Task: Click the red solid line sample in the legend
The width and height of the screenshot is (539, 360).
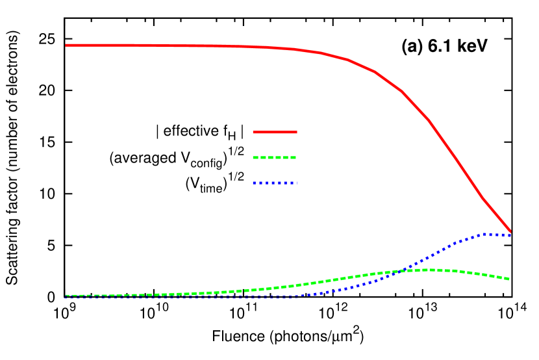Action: [275, 132]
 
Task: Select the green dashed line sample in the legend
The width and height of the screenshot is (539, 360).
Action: [275, 157]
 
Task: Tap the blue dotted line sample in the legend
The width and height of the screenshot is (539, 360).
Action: [275, 183]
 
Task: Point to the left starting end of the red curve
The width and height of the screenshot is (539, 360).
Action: [66, 45]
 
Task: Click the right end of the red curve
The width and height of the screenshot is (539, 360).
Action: [510, 230]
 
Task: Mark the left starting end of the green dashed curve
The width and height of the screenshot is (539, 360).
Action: [66, 296]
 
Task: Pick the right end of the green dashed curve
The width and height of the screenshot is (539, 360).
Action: [509, 279]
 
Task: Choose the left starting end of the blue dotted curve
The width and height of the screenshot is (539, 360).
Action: [66, 297]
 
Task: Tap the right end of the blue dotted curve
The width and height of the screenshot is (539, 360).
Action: [510, 235]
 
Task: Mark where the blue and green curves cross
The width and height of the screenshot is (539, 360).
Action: [401, 271]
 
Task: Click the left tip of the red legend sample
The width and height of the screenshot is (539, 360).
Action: [254, 132]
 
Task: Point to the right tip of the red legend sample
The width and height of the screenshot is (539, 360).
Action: [296, 132]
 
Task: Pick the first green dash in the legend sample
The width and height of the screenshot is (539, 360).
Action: [256, 157]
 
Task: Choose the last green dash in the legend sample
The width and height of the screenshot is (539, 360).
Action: [293, 157]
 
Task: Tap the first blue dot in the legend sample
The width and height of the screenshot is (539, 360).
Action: [255, 183]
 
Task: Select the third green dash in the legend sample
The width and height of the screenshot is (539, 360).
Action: [274, 157]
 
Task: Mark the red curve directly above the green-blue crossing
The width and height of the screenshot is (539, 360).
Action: [401, 90]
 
